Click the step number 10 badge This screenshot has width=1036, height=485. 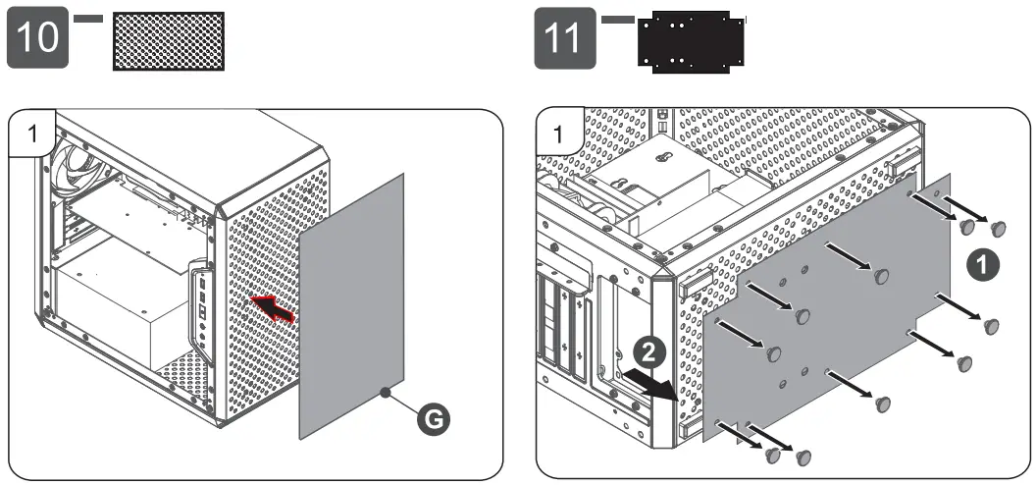click(37, 39)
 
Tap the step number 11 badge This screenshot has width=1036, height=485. click(564, 39)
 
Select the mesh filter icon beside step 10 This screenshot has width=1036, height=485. click(169, 41)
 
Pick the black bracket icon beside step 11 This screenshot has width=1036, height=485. click(691, 41)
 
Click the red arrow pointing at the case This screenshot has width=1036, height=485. click(272, 308)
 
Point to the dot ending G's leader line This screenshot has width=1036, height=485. click(385, 393)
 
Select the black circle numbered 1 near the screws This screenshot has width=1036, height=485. click(980, 263)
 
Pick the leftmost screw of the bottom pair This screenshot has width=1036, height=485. click(773, 455)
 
